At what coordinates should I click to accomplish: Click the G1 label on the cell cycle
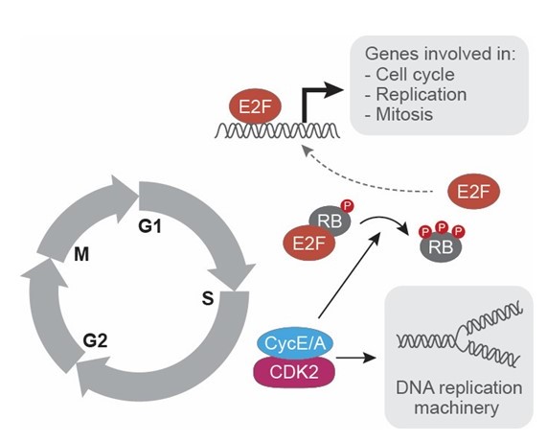[x=150, y=226]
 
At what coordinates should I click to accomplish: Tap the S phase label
[x=208, y=298]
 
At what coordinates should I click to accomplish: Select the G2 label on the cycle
[x=95, y=340]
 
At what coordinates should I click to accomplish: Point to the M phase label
[x=81, y=254]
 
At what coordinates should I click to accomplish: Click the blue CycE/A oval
[x=295, y=343]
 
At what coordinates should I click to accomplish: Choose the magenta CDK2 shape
[x=294, y=372]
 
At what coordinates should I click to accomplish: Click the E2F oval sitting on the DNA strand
[x=255, y=106]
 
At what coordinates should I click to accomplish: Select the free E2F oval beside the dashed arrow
[x=474, y=192]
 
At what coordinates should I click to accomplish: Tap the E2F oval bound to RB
[x=309, y=243]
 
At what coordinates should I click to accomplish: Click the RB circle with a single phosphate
[x=330, y=221]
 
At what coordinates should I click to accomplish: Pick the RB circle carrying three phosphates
[x=441, y=247]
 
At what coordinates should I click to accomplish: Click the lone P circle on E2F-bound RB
[x=347, y=206]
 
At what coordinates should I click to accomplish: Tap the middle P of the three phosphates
[x=442, y=227]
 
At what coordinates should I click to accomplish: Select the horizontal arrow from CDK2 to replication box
[x=356, y=358]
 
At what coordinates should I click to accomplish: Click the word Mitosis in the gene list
[x=404, y=114]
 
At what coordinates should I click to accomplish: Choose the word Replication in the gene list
[x=422, y=95]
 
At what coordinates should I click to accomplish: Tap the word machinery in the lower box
[x=457, y=407]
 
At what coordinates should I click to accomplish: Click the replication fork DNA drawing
[x=460, y=337]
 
